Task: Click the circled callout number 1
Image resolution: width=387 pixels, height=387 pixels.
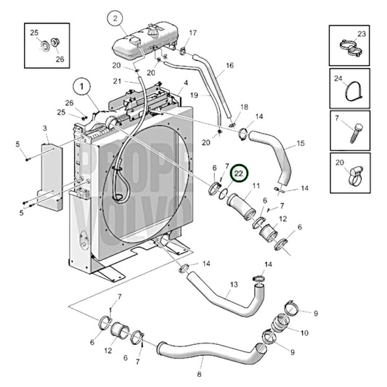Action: click(82, 86)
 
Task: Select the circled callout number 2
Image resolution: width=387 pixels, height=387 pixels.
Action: click(114, 17)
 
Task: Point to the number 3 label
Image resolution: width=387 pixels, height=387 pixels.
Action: click(45, 129)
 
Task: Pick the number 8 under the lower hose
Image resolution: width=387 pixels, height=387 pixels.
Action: click(198, 375)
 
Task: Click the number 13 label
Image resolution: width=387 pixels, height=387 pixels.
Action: click(234, 284)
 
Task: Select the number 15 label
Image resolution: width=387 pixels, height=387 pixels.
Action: click(301, 144)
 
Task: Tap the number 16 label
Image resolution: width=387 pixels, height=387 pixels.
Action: click(229, 65)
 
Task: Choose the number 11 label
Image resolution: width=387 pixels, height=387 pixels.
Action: click(256, 187)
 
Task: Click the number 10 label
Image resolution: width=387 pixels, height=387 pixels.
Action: click(304, 333)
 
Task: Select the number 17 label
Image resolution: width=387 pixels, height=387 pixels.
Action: click(192, 33)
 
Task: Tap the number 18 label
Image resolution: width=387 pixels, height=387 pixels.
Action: click(244, 107)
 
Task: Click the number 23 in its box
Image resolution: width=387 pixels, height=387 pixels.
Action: click(362, 33)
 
